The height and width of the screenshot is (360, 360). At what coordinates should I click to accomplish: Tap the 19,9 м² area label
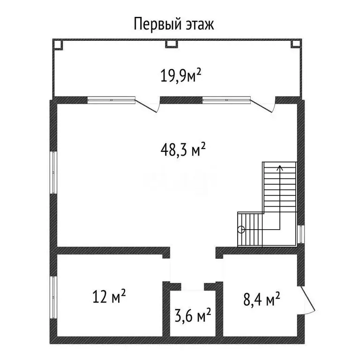click(181, 76)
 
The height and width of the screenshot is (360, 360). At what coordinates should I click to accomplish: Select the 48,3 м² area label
click(183, 150)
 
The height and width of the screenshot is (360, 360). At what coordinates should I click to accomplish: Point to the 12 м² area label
click(109, 296)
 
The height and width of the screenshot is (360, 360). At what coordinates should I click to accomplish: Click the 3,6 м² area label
click(193, 315)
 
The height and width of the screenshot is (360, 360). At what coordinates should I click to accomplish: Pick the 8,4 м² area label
click(262, 299)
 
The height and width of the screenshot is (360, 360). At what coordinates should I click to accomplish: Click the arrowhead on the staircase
click(280, 168)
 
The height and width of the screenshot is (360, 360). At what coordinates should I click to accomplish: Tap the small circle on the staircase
click(241, 229)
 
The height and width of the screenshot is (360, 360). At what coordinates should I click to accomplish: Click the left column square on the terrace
click(58, 44)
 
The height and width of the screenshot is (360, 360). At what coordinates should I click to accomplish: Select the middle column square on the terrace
click(172, 44)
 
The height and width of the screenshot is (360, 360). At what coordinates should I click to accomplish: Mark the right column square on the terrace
click(296, 44)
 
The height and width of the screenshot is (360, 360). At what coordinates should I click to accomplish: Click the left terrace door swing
click(147, 105)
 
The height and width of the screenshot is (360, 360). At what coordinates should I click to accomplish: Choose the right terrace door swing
click(263, 105)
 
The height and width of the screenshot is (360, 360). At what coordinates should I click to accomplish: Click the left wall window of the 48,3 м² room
click(53, 172)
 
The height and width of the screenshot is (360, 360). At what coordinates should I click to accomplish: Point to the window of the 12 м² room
click(53, 297)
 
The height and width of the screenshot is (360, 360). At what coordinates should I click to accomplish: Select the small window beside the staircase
click(301, 234)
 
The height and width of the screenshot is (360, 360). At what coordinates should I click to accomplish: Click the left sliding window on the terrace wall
click(112, 100)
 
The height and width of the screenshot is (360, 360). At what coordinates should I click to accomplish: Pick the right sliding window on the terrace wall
click(226, 100)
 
